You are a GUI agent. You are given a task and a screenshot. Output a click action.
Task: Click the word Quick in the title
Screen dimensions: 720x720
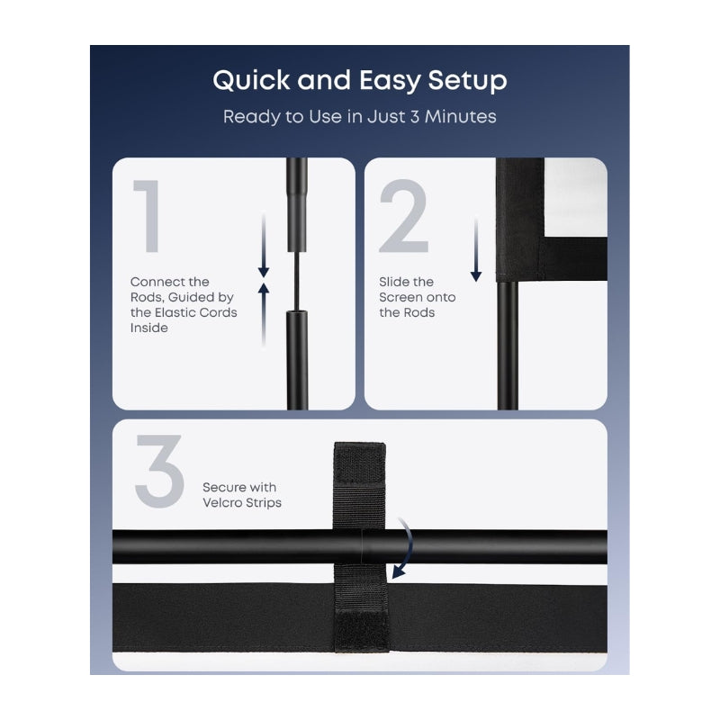coord(251,81)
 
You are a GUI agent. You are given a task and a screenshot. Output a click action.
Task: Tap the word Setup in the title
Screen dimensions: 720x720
coord(467,81)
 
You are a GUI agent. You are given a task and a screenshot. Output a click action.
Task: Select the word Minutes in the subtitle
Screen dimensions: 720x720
coord(461,116)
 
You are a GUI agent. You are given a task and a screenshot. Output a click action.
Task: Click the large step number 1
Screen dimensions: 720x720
coord(147,216)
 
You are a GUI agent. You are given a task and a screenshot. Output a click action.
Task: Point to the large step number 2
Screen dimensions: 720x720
coord(403,216)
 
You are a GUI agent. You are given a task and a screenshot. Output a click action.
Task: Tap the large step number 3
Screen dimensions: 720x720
coord(159,471)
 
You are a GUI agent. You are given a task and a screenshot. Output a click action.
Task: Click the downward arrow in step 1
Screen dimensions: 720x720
coord(264,246)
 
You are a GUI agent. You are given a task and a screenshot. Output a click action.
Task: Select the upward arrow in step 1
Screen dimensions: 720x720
coord(264,314)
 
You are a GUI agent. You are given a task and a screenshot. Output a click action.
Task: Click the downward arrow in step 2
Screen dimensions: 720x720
coord(476,250)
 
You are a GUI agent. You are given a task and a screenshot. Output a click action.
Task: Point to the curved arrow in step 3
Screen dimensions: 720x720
coord(408,546)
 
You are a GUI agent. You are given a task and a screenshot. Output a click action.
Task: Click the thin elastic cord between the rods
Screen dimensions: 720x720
coord(297,281)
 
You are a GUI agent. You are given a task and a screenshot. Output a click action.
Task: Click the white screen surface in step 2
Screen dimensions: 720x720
coord(575,197)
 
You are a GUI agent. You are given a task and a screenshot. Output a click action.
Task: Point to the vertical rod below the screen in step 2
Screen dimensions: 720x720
coord(508,346)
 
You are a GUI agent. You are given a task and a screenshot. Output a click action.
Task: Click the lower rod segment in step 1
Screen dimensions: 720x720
coord(297,360)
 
